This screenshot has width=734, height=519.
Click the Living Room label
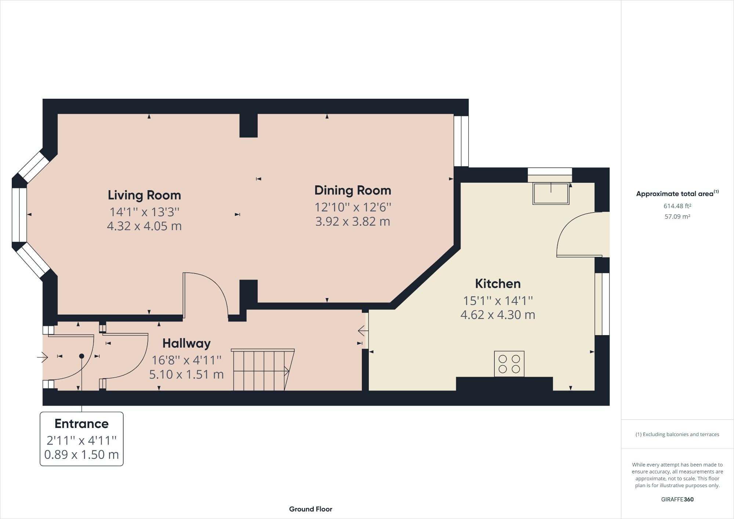[x=144, y=195]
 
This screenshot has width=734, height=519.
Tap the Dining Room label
[x=353, y=190]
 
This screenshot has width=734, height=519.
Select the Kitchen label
[x=498, y=283]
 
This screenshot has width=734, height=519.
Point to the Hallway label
[x=186, y=343]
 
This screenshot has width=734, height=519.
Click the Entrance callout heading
[x=81, y=424]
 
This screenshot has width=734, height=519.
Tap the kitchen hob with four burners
[x=509, y=364]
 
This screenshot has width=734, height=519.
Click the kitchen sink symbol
[x=551, y=194]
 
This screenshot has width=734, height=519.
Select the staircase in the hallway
[x=262, y=370]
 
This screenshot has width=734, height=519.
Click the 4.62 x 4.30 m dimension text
[x=498, y=315]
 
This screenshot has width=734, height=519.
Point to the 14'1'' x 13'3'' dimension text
[x=144, y=212]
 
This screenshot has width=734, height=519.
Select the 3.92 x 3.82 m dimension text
[x=353, y=222]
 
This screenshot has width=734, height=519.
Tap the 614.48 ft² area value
[x=677, y=206]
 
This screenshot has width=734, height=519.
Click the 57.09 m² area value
[x=677, y=217]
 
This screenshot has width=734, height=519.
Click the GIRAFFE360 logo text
[x=677, y=499]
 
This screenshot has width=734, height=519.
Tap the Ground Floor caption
[x=310, y=509]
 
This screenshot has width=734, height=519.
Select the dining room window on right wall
[x=461, y=141]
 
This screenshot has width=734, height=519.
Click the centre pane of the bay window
[x=19, y=215]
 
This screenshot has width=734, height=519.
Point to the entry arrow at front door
[x=43, y=357]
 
